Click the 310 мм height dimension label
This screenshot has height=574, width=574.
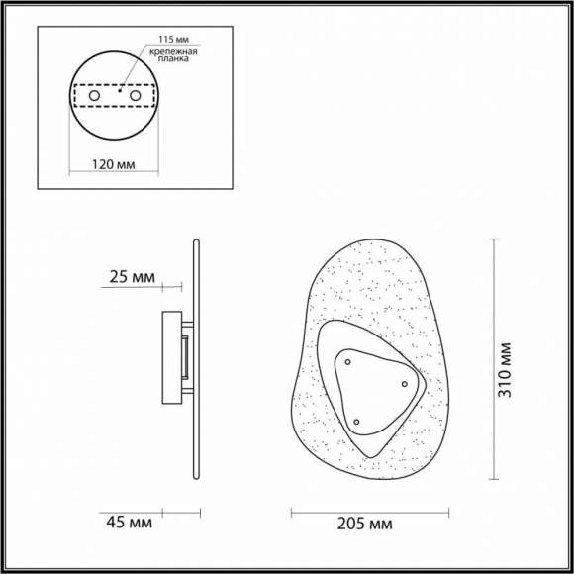coord(507,369)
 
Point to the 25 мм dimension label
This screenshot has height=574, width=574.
coord(132,278)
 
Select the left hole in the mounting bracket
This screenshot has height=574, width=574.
coord(94,96)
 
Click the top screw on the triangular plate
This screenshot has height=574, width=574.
coord(347,363)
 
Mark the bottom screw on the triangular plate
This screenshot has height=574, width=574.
coord(356,423)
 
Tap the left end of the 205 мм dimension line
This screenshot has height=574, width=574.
coord(291,512)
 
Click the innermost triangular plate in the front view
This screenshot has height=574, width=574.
coord(371,391)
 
